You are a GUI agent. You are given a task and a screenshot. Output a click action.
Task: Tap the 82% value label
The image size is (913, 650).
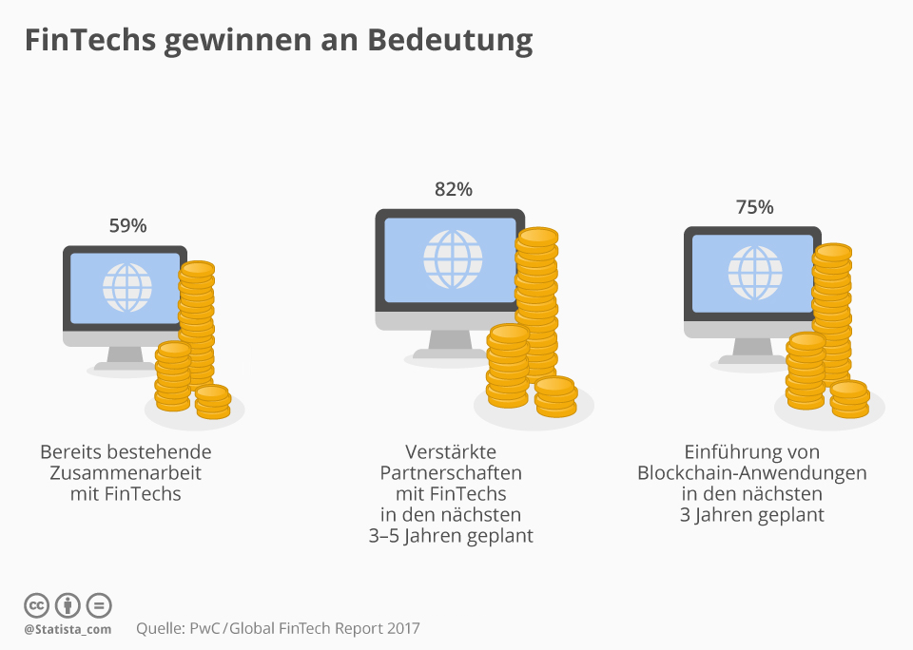click(453, 189)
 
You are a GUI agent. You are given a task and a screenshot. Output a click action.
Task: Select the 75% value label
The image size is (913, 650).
click(754, 207)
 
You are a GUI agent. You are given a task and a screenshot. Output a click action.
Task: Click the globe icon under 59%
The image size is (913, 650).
click(126, 282)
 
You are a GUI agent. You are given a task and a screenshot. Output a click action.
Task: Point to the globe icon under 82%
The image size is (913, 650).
click(453, 258)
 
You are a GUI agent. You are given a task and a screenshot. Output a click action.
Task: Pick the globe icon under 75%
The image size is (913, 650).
click(754, 274)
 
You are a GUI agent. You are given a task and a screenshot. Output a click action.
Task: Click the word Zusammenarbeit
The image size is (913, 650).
click(126, 472)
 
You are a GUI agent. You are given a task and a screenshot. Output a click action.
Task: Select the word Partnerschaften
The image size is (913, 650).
click(451, 472)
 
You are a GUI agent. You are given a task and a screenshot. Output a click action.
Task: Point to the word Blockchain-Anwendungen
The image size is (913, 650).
click(752, 472)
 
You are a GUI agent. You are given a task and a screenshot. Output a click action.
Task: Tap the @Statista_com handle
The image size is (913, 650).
click(68, 629)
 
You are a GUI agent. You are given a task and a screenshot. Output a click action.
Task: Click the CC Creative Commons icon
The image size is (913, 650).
click(36, 605)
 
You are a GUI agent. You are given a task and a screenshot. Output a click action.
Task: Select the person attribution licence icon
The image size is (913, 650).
click(68, 605)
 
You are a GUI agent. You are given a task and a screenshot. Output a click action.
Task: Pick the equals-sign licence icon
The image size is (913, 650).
click(99, 605)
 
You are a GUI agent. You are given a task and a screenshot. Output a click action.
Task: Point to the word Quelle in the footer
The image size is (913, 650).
click(160, 628)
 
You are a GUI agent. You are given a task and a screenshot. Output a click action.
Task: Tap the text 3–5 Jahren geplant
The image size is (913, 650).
click(451, 536)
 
